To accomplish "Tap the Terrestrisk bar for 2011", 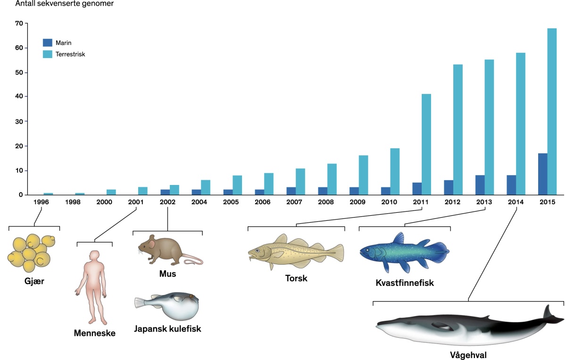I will (x=426, y=144).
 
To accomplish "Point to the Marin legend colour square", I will (x=47, y=42).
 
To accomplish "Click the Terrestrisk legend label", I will (x=70, y=54).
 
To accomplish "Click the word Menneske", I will (x=94, y=334).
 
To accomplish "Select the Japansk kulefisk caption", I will (x=167, y=329).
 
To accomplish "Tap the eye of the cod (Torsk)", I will (x=258, y=250).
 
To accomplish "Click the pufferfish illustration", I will (x=170, y=306).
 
